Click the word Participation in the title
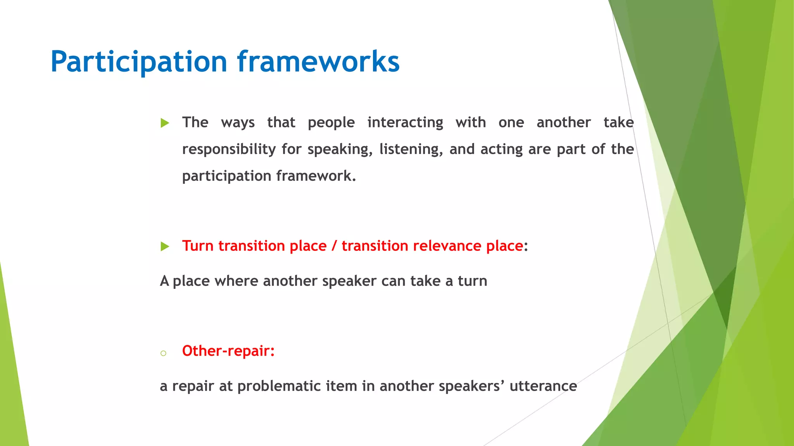pos(138,62)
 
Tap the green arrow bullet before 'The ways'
pos(165,123)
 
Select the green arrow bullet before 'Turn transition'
pos(165,246)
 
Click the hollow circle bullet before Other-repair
pos(163,353)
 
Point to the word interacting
pos(405,123)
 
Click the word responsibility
pos(229,149)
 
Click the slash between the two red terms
pos(334,246)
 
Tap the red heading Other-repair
pos(228,351)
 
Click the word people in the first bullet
pos(331,123)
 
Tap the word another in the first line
pos(563,123)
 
